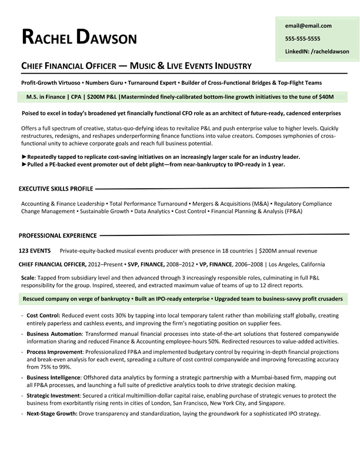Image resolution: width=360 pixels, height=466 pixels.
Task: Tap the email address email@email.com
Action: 308,25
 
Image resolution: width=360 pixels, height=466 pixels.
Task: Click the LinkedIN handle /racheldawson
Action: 316,51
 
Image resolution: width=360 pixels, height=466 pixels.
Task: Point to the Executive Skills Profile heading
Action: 56,189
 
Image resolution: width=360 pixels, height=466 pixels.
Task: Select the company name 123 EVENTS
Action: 35,251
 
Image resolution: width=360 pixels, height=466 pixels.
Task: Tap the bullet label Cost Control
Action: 43,315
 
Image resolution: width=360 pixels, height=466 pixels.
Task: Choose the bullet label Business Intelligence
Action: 54,377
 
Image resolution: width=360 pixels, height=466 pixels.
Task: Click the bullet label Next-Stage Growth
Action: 52,414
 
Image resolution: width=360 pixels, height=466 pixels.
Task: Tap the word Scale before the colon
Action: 28,277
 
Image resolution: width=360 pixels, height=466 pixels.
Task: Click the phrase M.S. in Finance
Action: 46,96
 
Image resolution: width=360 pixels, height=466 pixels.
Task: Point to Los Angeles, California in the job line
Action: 296,264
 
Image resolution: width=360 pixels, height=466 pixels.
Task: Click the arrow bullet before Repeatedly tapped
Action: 24,157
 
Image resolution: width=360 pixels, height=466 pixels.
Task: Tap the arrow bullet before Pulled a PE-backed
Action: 24,165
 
